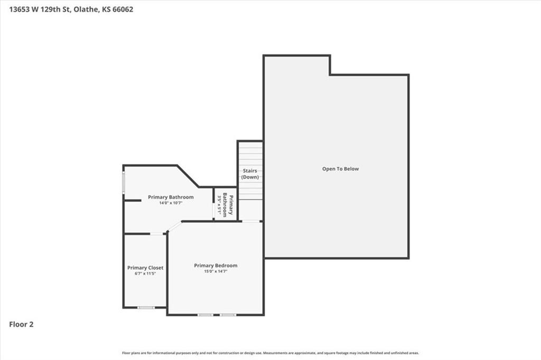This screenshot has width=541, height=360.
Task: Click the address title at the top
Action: click(x=71, y=9)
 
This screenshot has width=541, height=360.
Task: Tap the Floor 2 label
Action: click(x=22, y=325)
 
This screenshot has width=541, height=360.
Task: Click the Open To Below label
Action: click(x=340, y=169)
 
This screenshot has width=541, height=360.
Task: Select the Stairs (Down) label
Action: click(x=250, y=174)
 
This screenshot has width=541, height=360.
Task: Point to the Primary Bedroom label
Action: click(x=216, y=266)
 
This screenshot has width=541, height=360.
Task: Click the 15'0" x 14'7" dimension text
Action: click(x=216, y=272)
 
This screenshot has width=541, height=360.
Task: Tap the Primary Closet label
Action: click(x=145, y=268)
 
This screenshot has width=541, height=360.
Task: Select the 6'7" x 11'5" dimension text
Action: click(x=145, y=273)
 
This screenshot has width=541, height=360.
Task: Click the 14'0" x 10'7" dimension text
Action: click(x=171, y=203)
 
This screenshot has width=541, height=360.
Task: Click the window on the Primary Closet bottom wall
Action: click(x=146, y=307)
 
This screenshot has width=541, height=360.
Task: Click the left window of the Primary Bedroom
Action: click(x=206, y=315)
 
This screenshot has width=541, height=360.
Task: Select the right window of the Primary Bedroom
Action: click(x=228, y=315)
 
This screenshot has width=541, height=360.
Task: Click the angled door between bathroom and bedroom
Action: click(x=174, y=226)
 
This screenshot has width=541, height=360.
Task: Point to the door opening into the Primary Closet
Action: click(x=157, y=234)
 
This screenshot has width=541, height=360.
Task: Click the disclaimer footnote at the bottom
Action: click(x=270, y=353)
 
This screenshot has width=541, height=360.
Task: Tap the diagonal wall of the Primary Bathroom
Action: click(x=188, y=176)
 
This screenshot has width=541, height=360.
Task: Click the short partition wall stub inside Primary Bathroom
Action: click(x=133, y=201)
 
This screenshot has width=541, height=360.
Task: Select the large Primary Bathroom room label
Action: click(x=171, y=197)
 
